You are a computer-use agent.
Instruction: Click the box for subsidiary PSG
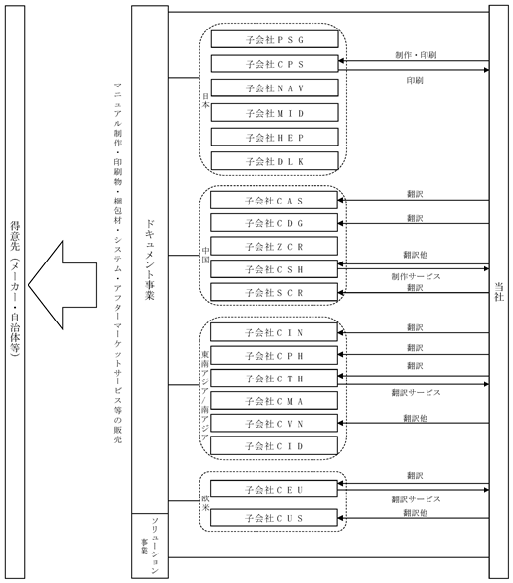[275, 39]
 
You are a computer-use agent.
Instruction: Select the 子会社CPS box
[275, 64]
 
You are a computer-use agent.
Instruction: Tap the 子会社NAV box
[275, 87]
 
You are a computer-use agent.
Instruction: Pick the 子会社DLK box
[275, 161]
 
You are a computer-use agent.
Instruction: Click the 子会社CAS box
[274, 201]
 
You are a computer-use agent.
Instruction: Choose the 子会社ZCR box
[274, 246]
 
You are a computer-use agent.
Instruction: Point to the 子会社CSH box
[274, 269]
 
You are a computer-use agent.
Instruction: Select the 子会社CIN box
[274, 332]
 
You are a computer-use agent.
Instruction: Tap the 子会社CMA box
[274, 401]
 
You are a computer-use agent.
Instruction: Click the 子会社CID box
[274, 445]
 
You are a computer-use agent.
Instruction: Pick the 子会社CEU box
[274, 489]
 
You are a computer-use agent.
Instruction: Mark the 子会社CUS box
[274, 517]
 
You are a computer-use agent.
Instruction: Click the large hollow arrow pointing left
[63, 285]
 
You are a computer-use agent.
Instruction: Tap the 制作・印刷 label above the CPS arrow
[416, 55]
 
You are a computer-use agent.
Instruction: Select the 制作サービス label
[416, 276]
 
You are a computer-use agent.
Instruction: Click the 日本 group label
[205, 100]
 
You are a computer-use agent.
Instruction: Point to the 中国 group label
[205, 255]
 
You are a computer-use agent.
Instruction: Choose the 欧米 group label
[205, 503]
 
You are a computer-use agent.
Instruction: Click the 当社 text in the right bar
[499, 292]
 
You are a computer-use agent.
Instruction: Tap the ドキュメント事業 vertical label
[149, 260]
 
